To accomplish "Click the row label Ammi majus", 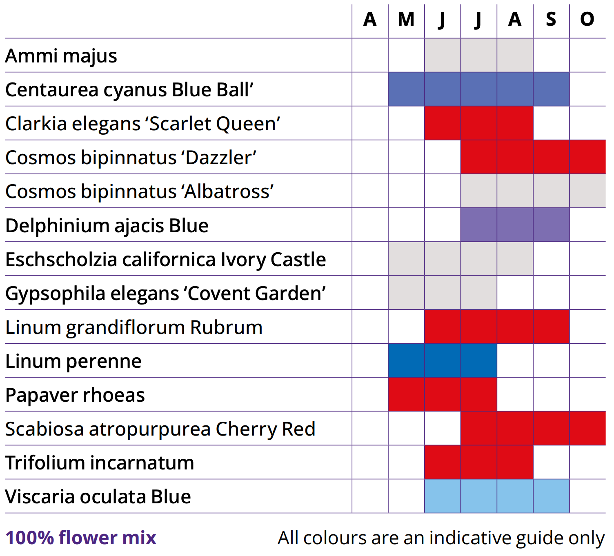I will click(61, 56).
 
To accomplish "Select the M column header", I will click(406, 19).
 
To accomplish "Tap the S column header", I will click(551, 19).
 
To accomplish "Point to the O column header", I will click(587, 19).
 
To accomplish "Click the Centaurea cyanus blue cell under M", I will click(406, 89).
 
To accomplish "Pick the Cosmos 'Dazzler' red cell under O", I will click(587, 157).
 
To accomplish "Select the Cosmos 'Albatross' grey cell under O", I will click(587, 191).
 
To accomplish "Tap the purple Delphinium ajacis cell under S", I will click(551, 225).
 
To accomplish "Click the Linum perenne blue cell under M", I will click(406, 360).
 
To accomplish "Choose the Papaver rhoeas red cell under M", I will click(406, 394).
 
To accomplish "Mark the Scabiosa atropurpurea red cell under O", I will click(587, 428).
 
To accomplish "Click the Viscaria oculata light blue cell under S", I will click(551, 496).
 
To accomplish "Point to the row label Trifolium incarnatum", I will click(100, 463).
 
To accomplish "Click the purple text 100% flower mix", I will click(81, 538).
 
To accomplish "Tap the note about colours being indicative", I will click(441, 538).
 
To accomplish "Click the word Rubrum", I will click(226, 327).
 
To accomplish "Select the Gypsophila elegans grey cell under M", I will click(406, 293).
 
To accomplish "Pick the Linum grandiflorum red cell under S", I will click(551, 327).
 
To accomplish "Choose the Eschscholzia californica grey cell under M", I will click(406, 259).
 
